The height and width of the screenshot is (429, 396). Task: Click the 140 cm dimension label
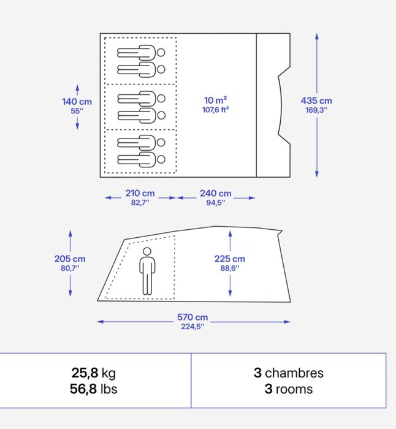click(x=77, y=102)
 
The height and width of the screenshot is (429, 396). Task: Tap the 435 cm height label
click(x=316, y=101)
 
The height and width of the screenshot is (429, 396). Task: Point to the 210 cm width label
click(x=140, y=194)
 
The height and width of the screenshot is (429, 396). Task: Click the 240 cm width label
click(x=215, y=194)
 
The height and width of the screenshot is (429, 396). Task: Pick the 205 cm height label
click(x=69, y=259)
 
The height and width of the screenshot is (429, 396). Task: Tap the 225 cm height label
click(x=230, y=259)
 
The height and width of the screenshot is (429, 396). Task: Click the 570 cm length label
click(x=192, y=317)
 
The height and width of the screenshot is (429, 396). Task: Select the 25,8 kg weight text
click(x=93, y=373)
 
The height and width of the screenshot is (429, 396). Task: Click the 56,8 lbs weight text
click(x=93, y=389)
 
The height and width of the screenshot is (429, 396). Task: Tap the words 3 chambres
click(x=288, y=373)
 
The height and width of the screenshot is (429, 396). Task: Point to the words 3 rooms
click(x=288, y=389)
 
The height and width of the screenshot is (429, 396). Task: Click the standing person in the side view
click(x=147, y=271)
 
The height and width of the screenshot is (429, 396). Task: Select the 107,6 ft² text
click(x=216, y=110)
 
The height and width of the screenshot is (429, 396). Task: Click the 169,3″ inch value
click(x=316, y=111)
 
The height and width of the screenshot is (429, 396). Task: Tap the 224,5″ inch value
click(x=192, y=327)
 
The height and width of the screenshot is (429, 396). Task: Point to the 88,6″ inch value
click(x=230, y=268)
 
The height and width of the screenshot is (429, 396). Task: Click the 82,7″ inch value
click(x=140, y=203)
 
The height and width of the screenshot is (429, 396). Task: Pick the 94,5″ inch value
click(x=215, y=203)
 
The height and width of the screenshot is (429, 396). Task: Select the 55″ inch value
click(x=77, y=112)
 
